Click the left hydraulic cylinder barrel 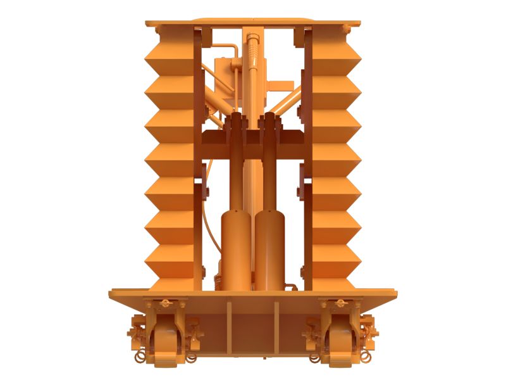pos(236,250)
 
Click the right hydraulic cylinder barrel pos(270,250)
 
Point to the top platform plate pos(253,23)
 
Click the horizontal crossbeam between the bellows pos(253,136)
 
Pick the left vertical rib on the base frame pos(230,326)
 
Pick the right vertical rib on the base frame pos(276,326)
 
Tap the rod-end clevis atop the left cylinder pos(236,127)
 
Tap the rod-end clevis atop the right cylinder pos(270,127)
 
